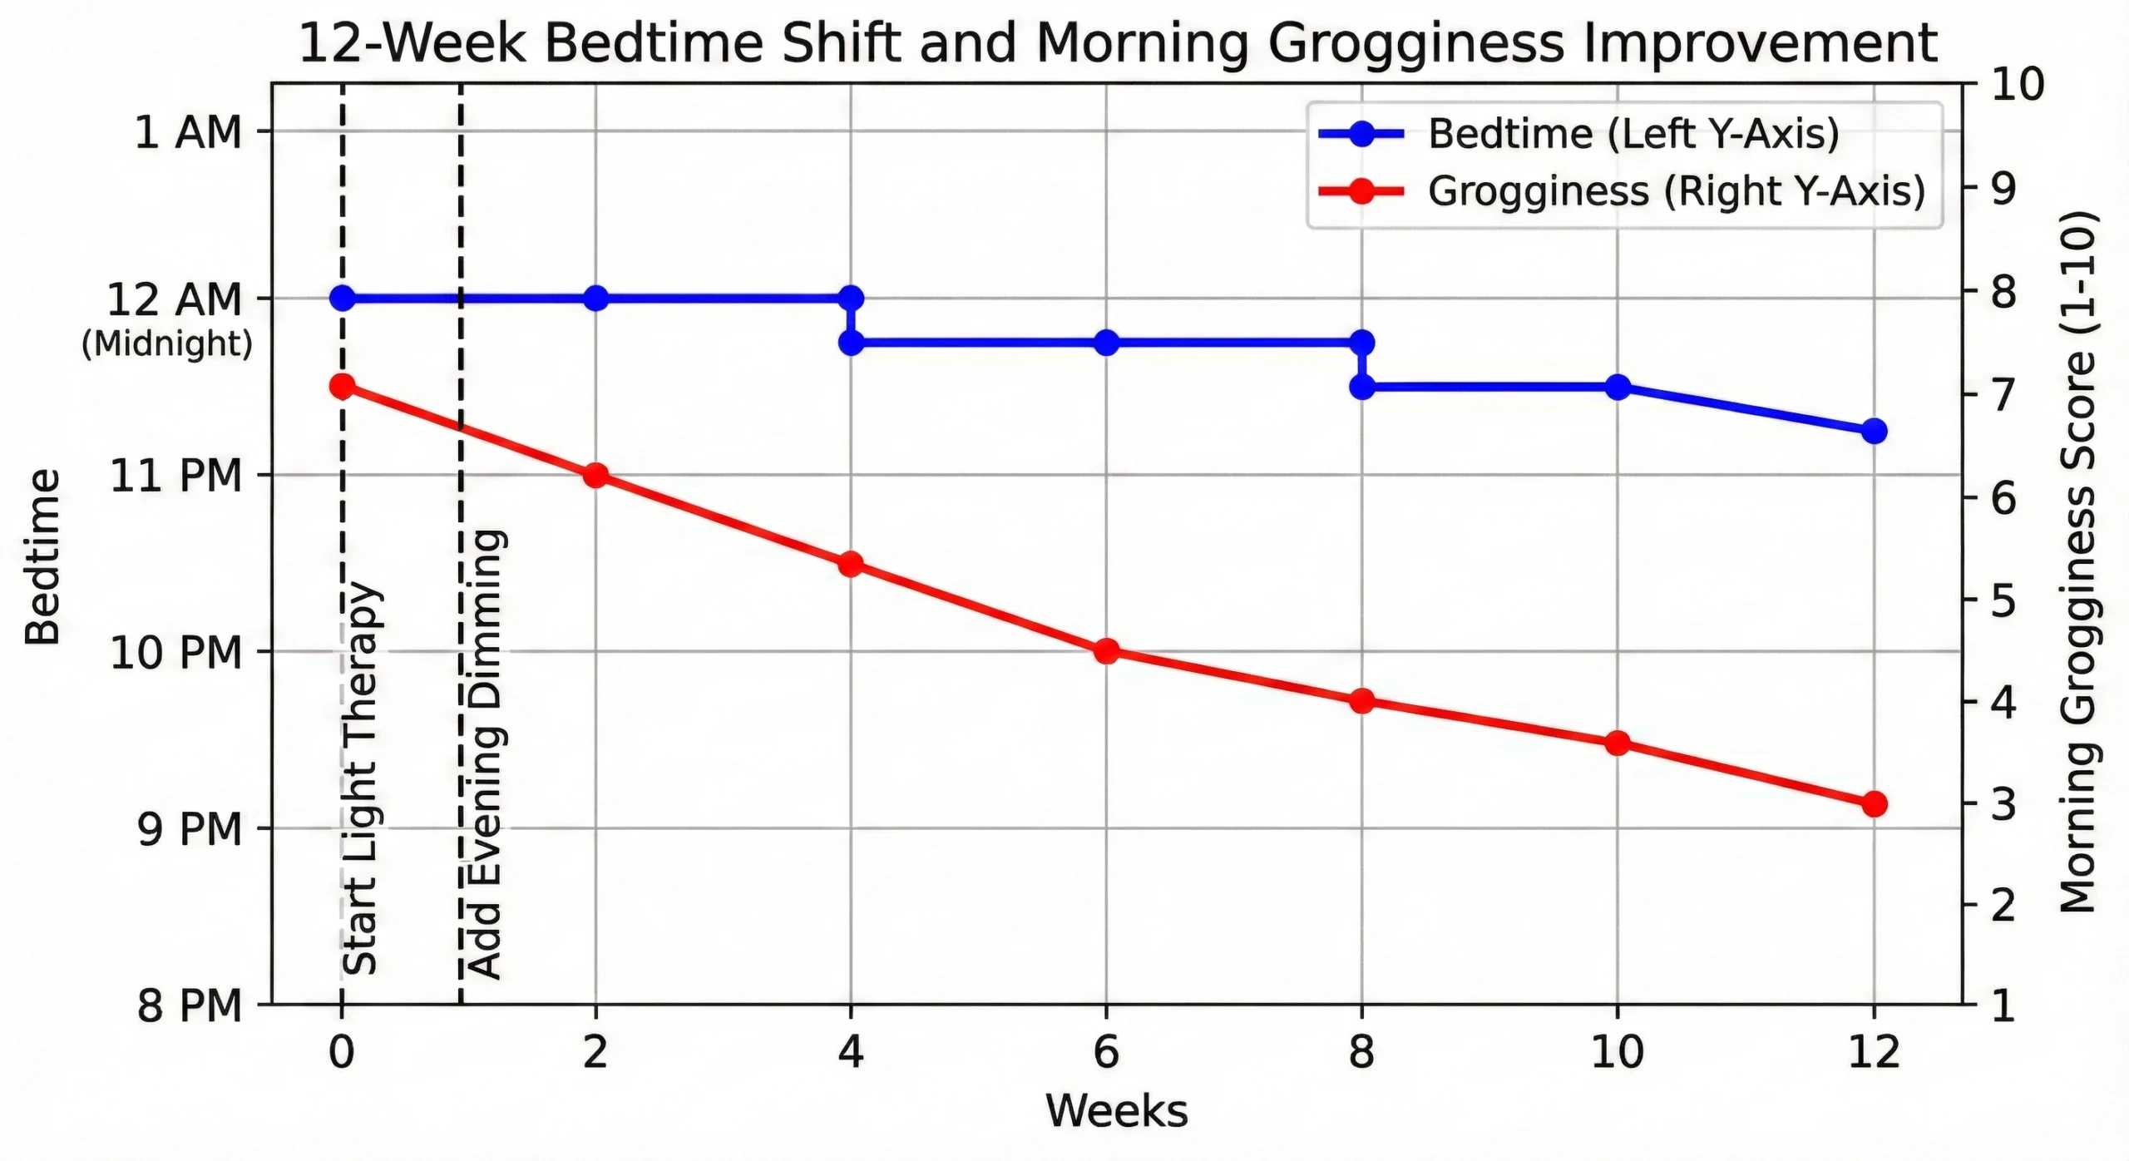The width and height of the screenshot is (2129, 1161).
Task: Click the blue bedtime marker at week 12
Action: [x=1873, y=431]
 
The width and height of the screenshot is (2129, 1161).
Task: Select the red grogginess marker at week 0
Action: [x=342, y=386]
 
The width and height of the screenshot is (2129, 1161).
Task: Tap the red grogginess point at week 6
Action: [x=1106, y=651]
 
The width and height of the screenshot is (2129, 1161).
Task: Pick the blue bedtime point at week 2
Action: [x=595, y=298]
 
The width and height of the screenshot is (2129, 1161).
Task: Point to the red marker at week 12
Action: [x=1873, y=803]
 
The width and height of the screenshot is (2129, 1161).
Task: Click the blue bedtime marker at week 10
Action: [x=1618, y=387]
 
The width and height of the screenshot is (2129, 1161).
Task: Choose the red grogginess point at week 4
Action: [x=850, y=564]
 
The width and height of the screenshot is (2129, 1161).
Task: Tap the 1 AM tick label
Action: [x=188, y=132]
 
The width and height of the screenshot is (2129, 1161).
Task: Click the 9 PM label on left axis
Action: [x=190, y=829]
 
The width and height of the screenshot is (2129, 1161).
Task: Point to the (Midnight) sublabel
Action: [x=167, y=343]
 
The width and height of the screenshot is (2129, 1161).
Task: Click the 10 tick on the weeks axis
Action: [x=1618, y=1053]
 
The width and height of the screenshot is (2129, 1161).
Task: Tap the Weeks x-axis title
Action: [x=1116, y=1111]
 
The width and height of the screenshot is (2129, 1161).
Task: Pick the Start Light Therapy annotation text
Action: [x=361, y=778]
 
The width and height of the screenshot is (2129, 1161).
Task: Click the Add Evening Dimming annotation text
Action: [x=485, y=753]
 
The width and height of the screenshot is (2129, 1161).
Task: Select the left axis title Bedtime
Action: [x=42, y=558]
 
